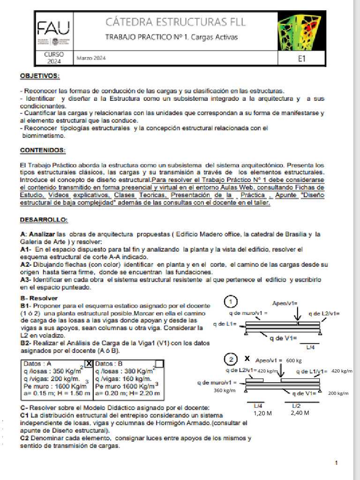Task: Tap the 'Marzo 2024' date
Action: pos(91,59)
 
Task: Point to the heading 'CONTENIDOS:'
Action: pos(43,150)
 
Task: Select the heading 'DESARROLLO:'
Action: pos(44,219)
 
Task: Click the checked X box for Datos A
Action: pos(89,363)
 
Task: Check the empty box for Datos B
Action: pos(159,363)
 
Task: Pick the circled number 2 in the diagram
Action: pos(231,360)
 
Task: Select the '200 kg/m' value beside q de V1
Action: pos(337,393)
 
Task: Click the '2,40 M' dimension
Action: pos(300,413)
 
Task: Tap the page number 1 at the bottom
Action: pos(337,463)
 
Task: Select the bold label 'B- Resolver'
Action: pos(39,298)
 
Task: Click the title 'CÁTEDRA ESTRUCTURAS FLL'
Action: pos(176,22)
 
